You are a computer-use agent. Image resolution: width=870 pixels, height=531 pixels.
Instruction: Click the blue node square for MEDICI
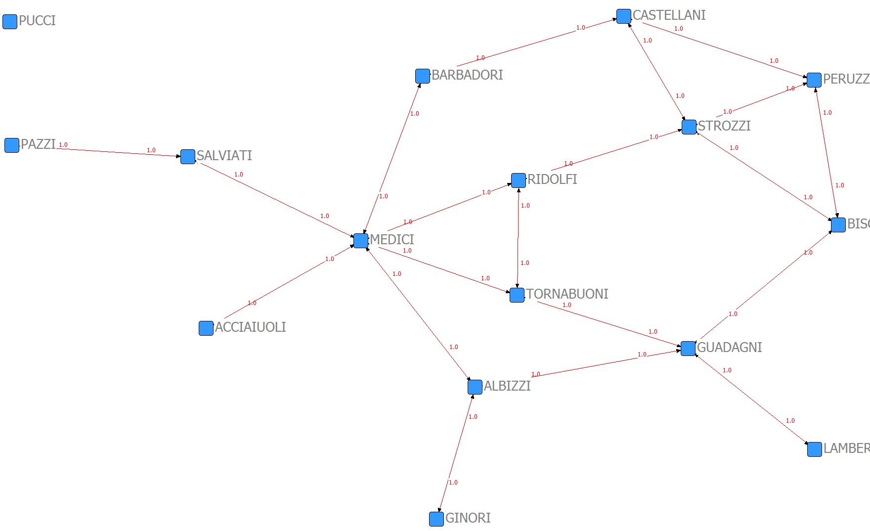(x=361, y=241)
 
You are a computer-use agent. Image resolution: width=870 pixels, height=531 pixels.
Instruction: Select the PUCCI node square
(x=10, y=22)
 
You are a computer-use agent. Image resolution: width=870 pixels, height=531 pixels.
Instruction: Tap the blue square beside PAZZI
(x=12, y=145)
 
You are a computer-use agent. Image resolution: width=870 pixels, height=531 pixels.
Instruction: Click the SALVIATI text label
(x=224, y=156)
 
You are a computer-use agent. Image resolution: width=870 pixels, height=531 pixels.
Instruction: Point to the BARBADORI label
(x=467, y=75)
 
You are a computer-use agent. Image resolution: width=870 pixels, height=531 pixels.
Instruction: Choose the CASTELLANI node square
(x=624, y=16)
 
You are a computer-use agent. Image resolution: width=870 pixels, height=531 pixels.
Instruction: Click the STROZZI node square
(x=689, y=127)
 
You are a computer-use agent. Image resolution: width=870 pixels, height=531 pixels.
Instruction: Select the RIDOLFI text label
(x=552, y=179)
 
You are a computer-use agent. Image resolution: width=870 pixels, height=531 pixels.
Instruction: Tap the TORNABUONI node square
(x=517, y=295)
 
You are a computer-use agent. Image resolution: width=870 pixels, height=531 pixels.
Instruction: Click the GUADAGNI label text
(x=729, y=348)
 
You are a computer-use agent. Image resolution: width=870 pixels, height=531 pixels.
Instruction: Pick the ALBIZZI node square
(x=475, y=387)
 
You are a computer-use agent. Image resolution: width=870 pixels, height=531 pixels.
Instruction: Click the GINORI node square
(x=436, y=519)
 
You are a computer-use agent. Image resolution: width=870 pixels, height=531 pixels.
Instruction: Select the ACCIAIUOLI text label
(x=250, y=327)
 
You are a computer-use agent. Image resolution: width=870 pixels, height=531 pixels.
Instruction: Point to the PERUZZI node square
(x=814, y=80)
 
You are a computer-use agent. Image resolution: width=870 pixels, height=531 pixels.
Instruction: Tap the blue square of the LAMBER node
(x=815, y=449)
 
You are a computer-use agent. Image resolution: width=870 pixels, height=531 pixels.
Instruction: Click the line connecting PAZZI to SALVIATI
(x=119, y=152)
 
